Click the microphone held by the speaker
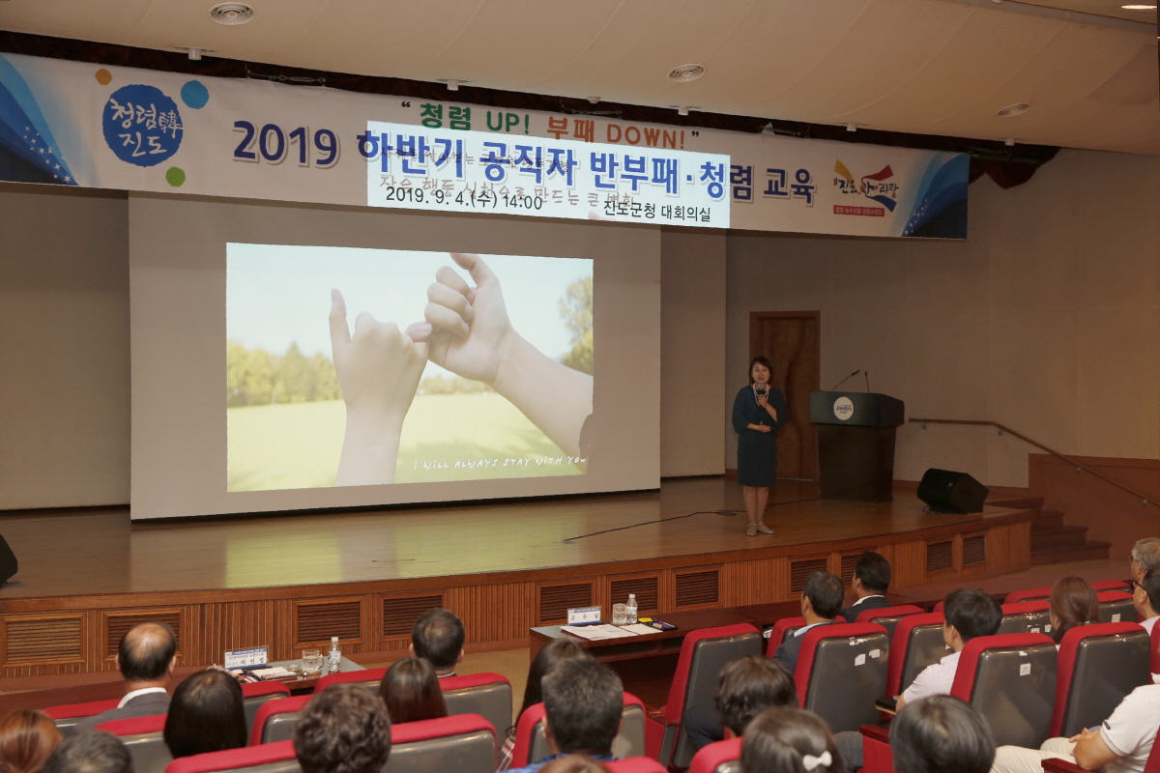click(x=761, y=390)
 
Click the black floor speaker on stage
click(x=951, y=491)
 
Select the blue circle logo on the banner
click(x=142, y=125)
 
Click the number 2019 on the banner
click(x=285, y=143)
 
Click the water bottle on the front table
click(x=631, y=609)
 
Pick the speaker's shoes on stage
click(x=758, y=529)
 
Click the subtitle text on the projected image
click(x=499, y=463)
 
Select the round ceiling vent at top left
click(x=231, y=14)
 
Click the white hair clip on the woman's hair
click(x=817, y=760)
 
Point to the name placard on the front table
click(x=584, y=615)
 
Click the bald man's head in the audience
click(x=147, y=649)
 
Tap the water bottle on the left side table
click(x=334, y=654)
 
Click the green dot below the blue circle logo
click(x=175, y=177)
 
